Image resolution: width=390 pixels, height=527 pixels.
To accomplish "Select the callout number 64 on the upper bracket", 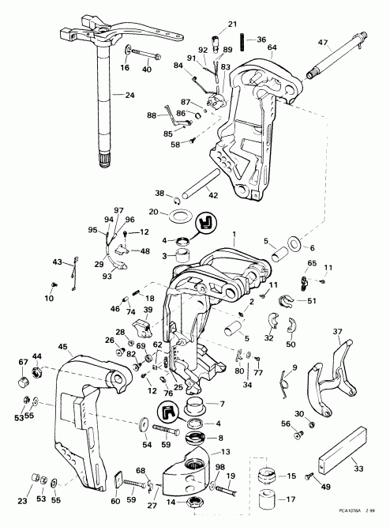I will [x=272, y=48].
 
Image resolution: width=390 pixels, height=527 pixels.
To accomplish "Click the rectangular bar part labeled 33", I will [x=343, y=457].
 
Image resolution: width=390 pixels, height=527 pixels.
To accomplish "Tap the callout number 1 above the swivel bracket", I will [x=234, y=233].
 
